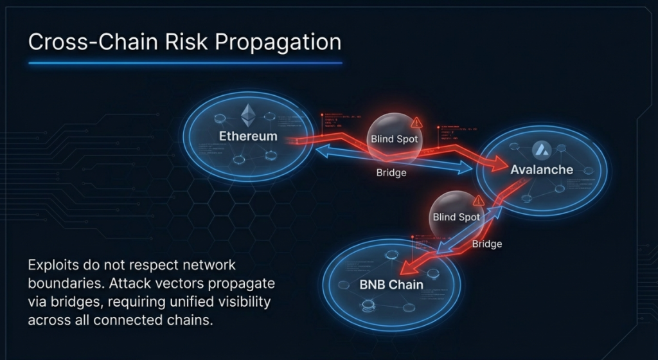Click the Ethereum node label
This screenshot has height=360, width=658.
(248, 136)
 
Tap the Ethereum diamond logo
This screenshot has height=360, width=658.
(248, 116)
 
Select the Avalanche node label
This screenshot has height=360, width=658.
(542, 170)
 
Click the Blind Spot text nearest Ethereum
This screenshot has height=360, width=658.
(394, 139)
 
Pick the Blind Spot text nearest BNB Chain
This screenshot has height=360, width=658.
(456, 217)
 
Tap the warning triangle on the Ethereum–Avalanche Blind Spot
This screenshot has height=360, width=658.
(417, 122)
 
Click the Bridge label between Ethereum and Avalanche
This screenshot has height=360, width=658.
(391, 174)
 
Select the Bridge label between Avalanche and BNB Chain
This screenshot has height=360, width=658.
(487, 244)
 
